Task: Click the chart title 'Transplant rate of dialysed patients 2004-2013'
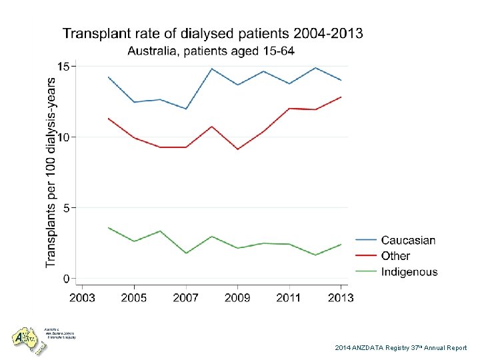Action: coord(213,34)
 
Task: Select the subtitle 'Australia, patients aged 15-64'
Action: coord(211,51)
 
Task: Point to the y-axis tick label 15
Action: coord(63,66)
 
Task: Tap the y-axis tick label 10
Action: coord(63,137)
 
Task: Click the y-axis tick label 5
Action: coord(67,207)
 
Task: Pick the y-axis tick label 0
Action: coord(67,278)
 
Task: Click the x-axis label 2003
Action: coord(82,297)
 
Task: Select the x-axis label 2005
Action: coord(134,297)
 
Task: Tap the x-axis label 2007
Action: coord(186,297)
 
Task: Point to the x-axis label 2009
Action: coord(238,297)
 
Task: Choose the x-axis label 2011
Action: coord(289,297)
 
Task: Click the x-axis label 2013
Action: coord(341,297)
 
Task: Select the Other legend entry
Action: coord(395,256)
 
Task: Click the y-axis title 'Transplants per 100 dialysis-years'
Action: coord(51,172)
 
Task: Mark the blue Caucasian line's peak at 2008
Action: coord(211,69)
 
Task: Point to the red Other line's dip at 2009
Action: coord(237,149)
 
